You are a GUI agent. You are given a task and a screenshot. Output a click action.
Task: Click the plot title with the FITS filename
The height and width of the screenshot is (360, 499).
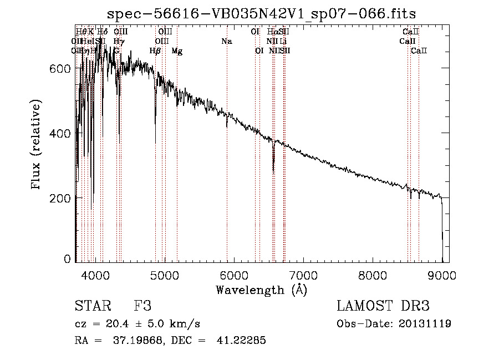tap(261, 13)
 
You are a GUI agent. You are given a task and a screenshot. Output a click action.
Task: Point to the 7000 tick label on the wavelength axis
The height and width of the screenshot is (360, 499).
tap(303, 275)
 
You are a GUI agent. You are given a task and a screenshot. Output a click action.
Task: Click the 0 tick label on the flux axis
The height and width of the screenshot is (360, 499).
tap(68, 259)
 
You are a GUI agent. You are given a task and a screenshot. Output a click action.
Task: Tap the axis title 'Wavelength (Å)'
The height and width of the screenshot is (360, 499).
tap(261, 289)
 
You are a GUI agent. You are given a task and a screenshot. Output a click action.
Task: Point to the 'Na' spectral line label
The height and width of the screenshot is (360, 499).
tap(226, 42)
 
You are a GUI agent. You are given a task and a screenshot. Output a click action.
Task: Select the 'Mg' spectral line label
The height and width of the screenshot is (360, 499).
tap(177, 51)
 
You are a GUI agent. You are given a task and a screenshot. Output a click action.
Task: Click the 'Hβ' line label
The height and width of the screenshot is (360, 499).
tap(156, 51)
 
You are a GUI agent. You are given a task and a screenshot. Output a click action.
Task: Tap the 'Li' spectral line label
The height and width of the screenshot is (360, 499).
tap(283, 42)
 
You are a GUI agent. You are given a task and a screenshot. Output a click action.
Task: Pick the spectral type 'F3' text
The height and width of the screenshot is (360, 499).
tap(142, 306)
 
